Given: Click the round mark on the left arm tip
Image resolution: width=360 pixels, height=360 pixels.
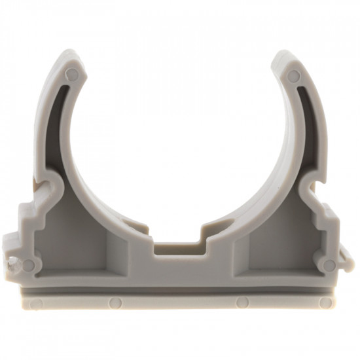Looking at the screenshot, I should point(72,73).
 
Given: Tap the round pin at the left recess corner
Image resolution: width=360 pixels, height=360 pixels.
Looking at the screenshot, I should point(27,264).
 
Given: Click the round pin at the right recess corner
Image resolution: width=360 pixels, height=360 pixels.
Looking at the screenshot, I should point(329,265).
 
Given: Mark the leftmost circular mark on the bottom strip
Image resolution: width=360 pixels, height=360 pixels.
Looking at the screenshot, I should point(37,304).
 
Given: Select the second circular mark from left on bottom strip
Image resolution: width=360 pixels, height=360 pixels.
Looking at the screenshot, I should point(115,302).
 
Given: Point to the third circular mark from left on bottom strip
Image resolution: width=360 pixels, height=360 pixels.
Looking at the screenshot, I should point(243,302).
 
